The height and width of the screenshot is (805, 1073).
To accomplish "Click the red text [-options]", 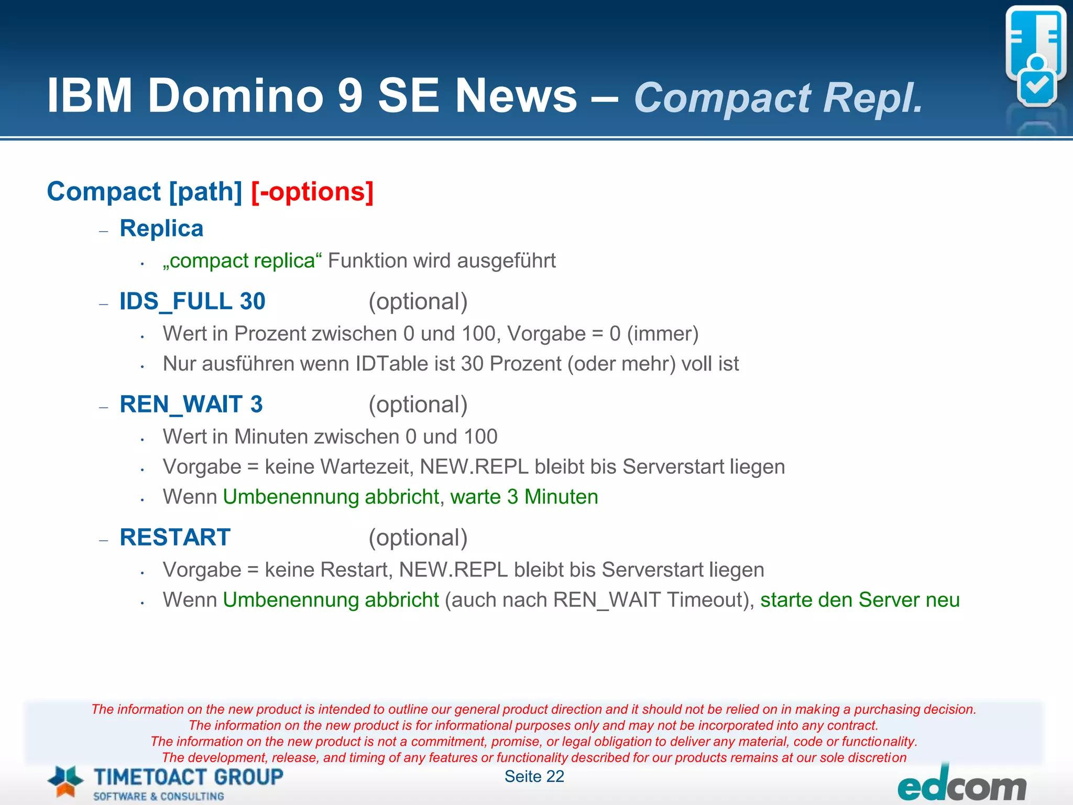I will pos(312,192).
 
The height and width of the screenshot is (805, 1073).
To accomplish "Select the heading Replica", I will pos(161,229).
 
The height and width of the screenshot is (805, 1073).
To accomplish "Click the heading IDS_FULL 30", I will pos(192,301).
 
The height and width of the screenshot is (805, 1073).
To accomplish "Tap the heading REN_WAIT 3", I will pos(191,405).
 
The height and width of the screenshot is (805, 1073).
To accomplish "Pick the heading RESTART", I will pos(175,538).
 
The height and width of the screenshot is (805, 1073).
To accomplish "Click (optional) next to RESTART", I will pos(418,538).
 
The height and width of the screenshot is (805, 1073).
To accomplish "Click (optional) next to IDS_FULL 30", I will pos(418,301).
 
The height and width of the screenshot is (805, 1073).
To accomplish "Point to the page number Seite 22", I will pos(534,777).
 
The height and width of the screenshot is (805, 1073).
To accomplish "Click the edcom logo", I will pos(961,786).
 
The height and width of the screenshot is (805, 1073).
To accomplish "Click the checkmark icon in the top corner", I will pos(1036,86).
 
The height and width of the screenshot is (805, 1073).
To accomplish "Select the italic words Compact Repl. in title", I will pos(778,98).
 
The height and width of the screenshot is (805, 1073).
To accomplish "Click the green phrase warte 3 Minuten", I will pos(524,497).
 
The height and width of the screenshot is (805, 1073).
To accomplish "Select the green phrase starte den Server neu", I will pos(860,600).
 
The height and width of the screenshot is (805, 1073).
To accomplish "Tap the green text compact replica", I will pos(242,261).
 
